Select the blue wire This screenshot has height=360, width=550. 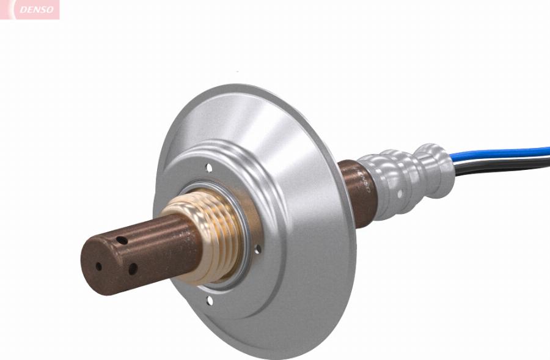pyautogui.click(x=501, y=153)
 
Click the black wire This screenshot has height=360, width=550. pyautogui.click(x=501, y=169)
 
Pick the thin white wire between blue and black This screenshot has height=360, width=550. pyautogui.click(x=501, y=161)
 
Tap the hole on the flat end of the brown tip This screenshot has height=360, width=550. pyautogui.click(x=98, y=266)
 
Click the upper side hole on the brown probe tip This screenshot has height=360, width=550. pyautogui.click(x=122, y=241)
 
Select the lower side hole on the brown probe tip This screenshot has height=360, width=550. pyautogui.click(x=131, y=268)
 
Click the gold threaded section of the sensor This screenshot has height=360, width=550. pyautogui.click(x=208, y=238)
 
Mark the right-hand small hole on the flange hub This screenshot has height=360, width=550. pyautogui.click(x=257, y=249)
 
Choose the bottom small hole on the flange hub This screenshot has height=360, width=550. pyautogui.click(x=210, y=300)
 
